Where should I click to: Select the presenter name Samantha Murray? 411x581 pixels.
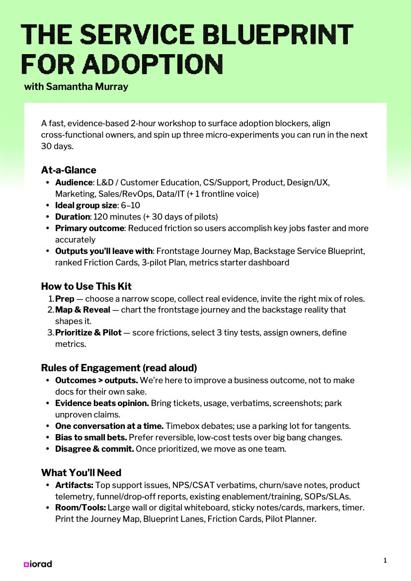coord(87,86)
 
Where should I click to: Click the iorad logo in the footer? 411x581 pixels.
coord(38,564)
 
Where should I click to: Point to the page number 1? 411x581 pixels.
coord(385,561)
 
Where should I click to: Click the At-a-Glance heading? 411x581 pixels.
coord(69,170)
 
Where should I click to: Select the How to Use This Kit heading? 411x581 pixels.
coord(86,286)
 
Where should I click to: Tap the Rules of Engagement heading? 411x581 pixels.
coord(119,368)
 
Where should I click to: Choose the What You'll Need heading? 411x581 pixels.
coord(81,472)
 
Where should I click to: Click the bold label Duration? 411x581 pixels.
coord(73,217)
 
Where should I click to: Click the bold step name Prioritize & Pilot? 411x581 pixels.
coord(88,332)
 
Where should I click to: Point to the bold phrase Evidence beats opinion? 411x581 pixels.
coord(102,403)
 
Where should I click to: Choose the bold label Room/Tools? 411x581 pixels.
coord(81,507)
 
